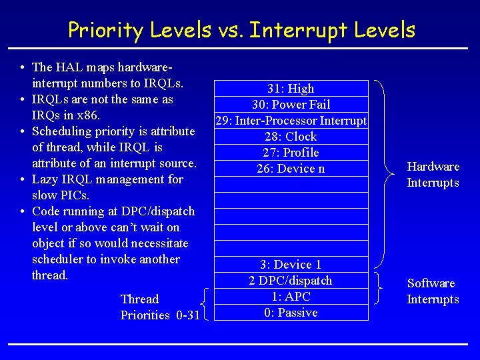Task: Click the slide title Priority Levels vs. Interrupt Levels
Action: coord(241,30)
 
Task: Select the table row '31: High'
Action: coord(291,89)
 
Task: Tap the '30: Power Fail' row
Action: coord(291,105)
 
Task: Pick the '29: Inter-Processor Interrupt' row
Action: coord(291,121)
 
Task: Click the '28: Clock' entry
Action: coord(291,137)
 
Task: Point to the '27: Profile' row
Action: coord(291,153)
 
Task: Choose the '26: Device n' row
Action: coord(291,169)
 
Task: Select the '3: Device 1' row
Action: coord(291,265)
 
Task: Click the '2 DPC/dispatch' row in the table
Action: coord(291,281)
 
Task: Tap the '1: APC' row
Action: coord(291,297)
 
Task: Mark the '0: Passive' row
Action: coord(291,313)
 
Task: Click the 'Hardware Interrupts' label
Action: coord(433,175)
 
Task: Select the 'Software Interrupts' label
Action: coord(433,291)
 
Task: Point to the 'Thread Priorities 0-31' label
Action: coord(159,307)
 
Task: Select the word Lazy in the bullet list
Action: coord(45,179)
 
